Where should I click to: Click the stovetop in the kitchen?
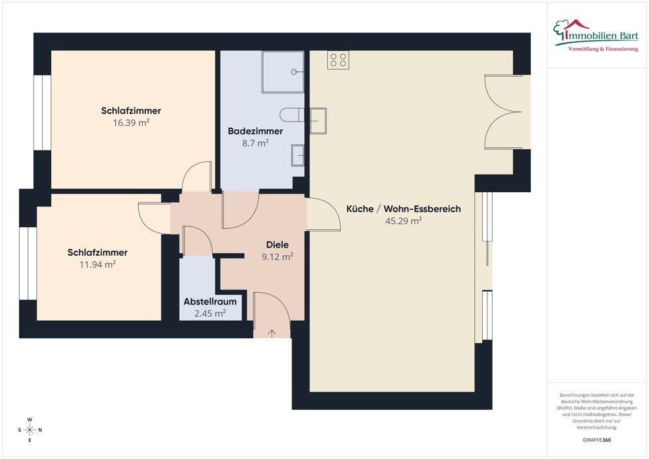(338, 60)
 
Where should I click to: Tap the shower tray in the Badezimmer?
(283, 71)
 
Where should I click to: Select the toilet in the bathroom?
(292, 115)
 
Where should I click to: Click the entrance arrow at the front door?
(272, 334)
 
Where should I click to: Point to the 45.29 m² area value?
(404, 221)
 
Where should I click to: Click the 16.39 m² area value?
(131, 123)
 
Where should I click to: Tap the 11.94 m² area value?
(98, 264)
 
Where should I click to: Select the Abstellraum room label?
(210, 301)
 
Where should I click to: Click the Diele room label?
(277, 245)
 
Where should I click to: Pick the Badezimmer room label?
(255, 131)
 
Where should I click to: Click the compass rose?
(30, 430)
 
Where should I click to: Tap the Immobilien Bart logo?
(596, 36)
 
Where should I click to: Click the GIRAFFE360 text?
(596, 440)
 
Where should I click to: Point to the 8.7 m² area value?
(255, 143)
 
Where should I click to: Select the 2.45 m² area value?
(210, 314)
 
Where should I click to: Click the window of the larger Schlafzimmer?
(42, 112)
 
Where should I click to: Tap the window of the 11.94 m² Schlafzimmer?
(28, 263)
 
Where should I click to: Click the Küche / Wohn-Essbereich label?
(404, 208)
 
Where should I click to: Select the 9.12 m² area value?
(277, 256)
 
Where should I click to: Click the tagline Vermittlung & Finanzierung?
(603, 49)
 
